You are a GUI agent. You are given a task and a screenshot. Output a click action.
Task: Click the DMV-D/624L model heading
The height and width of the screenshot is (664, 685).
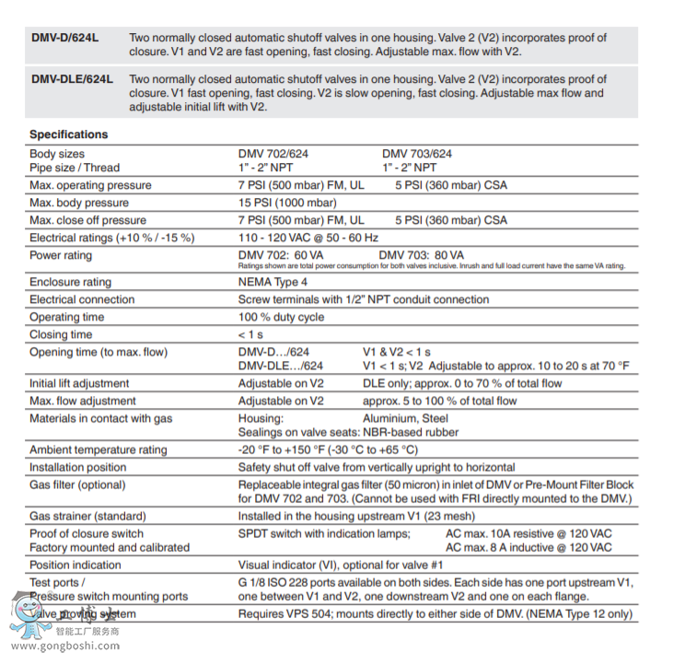[x=64, y=39]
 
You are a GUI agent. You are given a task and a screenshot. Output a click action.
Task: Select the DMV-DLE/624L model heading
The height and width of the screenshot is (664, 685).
[x=72, y=80]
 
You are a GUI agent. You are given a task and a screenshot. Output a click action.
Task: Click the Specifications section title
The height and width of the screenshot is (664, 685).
[x=68, y=134]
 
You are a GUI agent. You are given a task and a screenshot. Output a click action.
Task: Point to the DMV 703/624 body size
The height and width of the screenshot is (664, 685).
[x=417, y=154]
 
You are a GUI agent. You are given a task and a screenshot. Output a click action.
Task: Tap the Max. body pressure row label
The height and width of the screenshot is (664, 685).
[x=79, y=203]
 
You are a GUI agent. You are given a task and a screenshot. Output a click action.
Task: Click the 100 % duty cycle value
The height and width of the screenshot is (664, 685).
[x=281, y=317]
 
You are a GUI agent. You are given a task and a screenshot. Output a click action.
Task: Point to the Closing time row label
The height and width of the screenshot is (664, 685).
[x=61, y=334]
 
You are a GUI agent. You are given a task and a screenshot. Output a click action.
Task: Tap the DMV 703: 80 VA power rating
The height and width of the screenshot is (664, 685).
[x=422, y=255]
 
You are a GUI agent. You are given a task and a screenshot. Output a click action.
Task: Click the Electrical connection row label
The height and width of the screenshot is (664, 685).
[x=81, y=299]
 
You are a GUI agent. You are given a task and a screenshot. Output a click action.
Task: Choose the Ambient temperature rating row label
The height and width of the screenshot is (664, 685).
[x=99, y=450]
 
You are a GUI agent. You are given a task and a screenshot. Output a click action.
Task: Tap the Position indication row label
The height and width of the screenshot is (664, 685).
[x=75, y=565]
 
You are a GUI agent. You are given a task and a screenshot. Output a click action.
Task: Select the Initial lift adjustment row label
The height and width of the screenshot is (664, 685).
[x=79, y=383]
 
